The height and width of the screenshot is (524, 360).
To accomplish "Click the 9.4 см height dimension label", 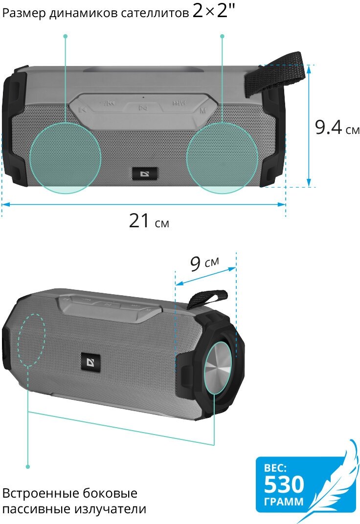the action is pyautogui.click(x=337, y=127).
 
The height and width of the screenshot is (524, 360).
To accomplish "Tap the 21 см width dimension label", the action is pyautogui.click(x=149, y=221).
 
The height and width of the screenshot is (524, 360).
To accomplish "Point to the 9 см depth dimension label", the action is pyautogui.click(x=204, y=263).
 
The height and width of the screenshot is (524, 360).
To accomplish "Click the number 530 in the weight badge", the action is pyautogui.click(x=284, y=484).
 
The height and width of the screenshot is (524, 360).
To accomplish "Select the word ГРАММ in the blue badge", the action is pyautogui.click(x=284, y=502).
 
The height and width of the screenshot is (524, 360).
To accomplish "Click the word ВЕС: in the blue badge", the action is pyautogui.click(x=275, y=468).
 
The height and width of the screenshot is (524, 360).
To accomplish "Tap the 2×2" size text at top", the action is pyautogui.click(x=214, y=11).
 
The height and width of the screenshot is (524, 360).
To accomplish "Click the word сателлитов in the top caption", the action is pyautogui.click(x=155, y=13).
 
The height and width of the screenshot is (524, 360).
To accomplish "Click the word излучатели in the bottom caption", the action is pyautogui.click(x=110, y=509).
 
